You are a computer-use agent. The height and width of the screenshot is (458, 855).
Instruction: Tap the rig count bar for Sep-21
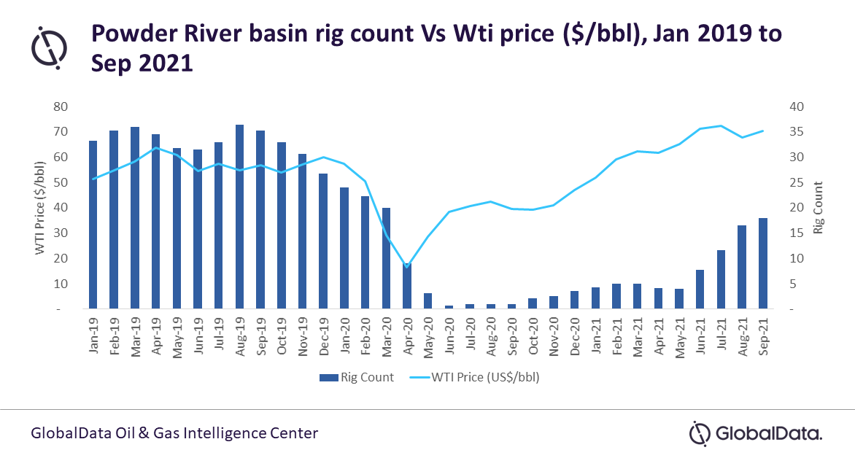coord(763,263)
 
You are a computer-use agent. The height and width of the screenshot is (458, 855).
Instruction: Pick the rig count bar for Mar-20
coord(386,258)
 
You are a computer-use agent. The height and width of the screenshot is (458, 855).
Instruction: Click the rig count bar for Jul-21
coord(721,279)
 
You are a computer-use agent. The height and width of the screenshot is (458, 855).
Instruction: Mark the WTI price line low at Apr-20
coord(407,267)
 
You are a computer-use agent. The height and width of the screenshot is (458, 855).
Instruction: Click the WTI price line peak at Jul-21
coord(721,125)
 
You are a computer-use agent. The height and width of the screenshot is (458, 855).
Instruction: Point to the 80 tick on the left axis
coord(61,106)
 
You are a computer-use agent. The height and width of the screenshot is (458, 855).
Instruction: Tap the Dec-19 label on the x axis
coord(323,336)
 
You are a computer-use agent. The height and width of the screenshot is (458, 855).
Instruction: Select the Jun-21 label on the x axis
coord(700,336)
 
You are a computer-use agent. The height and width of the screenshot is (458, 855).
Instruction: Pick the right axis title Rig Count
coord(818,207)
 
